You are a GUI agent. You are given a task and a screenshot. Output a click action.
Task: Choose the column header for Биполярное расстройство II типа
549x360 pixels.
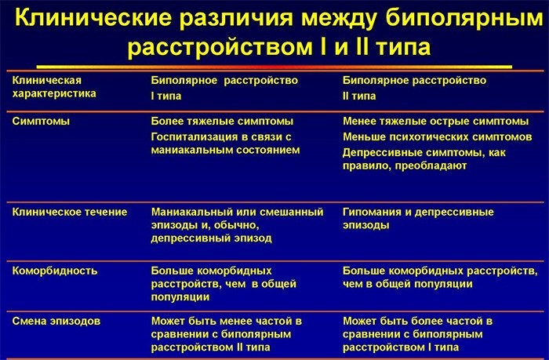coord(414,87)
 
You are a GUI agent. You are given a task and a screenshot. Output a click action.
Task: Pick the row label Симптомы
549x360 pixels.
coord(41,121)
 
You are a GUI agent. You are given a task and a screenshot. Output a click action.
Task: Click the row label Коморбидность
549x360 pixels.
coord(55,271)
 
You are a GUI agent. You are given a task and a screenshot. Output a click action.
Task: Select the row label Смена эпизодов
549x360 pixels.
coord(56,321)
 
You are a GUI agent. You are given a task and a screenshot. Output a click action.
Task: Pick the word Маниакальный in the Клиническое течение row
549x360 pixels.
coord(191,212)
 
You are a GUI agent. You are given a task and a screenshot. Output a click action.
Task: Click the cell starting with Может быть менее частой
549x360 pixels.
coord(228,334)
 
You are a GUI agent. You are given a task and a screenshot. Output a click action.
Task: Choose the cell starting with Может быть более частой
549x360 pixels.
coord(419,334)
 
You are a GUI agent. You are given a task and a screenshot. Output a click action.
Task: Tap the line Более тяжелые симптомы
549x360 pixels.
coord(222,121)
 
